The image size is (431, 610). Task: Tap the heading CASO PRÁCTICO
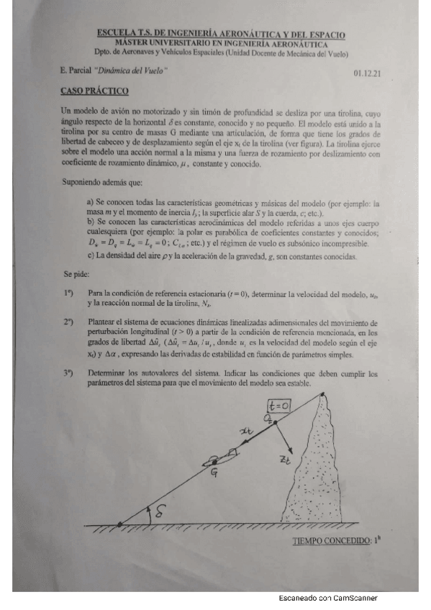click(94, 91)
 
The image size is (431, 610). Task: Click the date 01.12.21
click(368, 73)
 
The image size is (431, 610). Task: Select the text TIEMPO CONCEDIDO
click(332, 541)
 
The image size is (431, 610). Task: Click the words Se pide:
click(76, 274)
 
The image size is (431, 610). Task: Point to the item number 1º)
click(68, 293)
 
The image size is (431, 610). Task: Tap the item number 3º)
click(68, 373)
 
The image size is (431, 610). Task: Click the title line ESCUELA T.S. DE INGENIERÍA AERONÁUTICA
click(221, 34)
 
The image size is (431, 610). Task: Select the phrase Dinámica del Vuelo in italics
click(136, 70)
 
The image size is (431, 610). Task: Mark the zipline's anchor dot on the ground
click(119, 523)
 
